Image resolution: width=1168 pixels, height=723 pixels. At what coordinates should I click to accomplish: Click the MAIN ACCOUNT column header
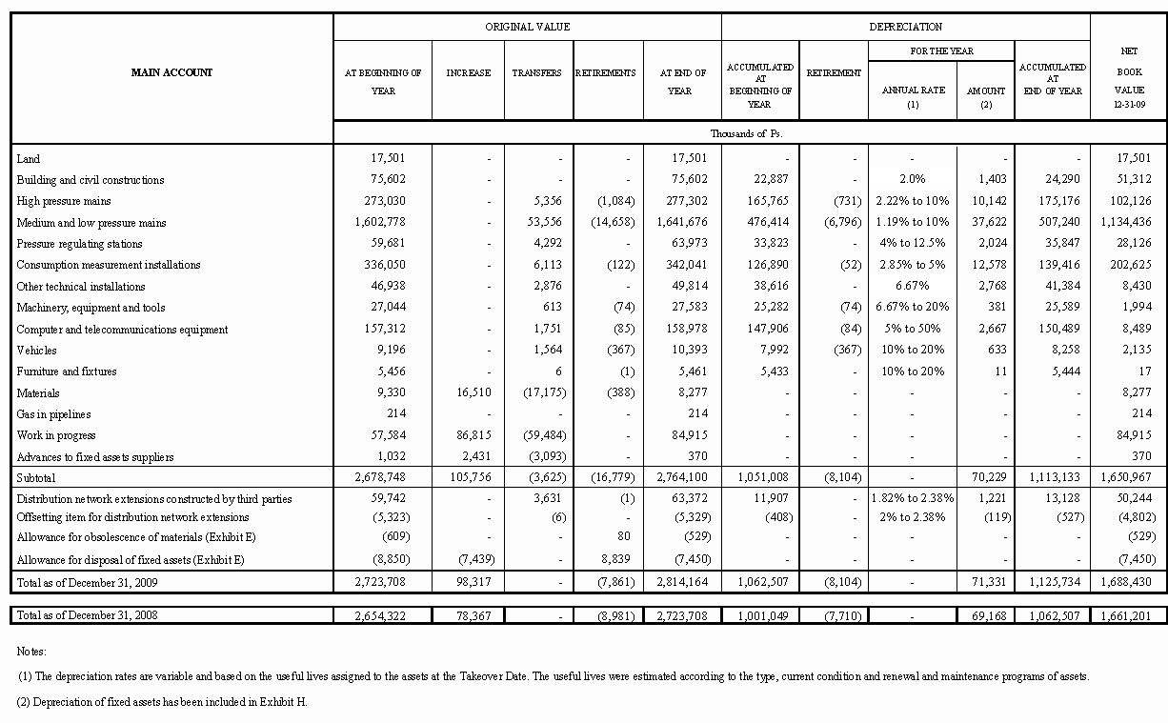[171, 72]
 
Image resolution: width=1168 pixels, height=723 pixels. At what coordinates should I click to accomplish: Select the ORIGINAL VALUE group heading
[527, 27]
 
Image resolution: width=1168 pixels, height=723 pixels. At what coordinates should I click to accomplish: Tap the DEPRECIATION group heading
[905, 27]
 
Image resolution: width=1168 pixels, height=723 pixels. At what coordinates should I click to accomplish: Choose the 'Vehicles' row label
[36, 351]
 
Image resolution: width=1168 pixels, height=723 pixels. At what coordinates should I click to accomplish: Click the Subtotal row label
[36, 477]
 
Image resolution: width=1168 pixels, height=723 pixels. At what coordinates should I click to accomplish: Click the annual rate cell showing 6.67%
[912, 287]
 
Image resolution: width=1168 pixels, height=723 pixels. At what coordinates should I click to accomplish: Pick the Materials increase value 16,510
[469, 393]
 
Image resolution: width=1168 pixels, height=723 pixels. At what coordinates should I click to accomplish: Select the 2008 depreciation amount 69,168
[986, 616]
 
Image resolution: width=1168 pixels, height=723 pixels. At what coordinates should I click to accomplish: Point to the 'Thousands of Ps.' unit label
[747, 133]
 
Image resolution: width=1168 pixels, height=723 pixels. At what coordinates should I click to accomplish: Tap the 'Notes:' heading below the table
[31, 652]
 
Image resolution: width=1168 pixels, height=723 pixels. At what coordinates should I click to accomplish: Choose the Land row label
[29, 159]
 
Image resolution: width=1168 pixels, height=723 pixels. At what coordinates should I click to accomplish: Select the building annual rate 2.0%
[912, 180]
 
